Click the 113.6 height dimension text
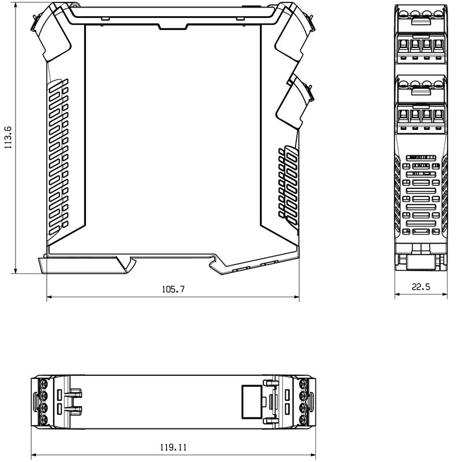tap(8, 137)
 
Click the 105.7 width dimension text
tap(173, 289)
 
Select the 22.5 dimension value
tap(421, 286)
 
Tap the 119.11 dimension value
tap(173, 448)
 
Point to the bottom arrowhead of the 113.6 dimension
tap(16, 270)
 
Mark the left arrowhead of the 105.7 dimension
tap(50, 297)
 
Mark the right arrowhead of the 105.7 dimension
tap(296, 297)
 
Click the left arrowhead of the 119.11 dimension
tap(35, 455)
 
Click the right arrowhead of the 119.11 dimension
tap(312, 455)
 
